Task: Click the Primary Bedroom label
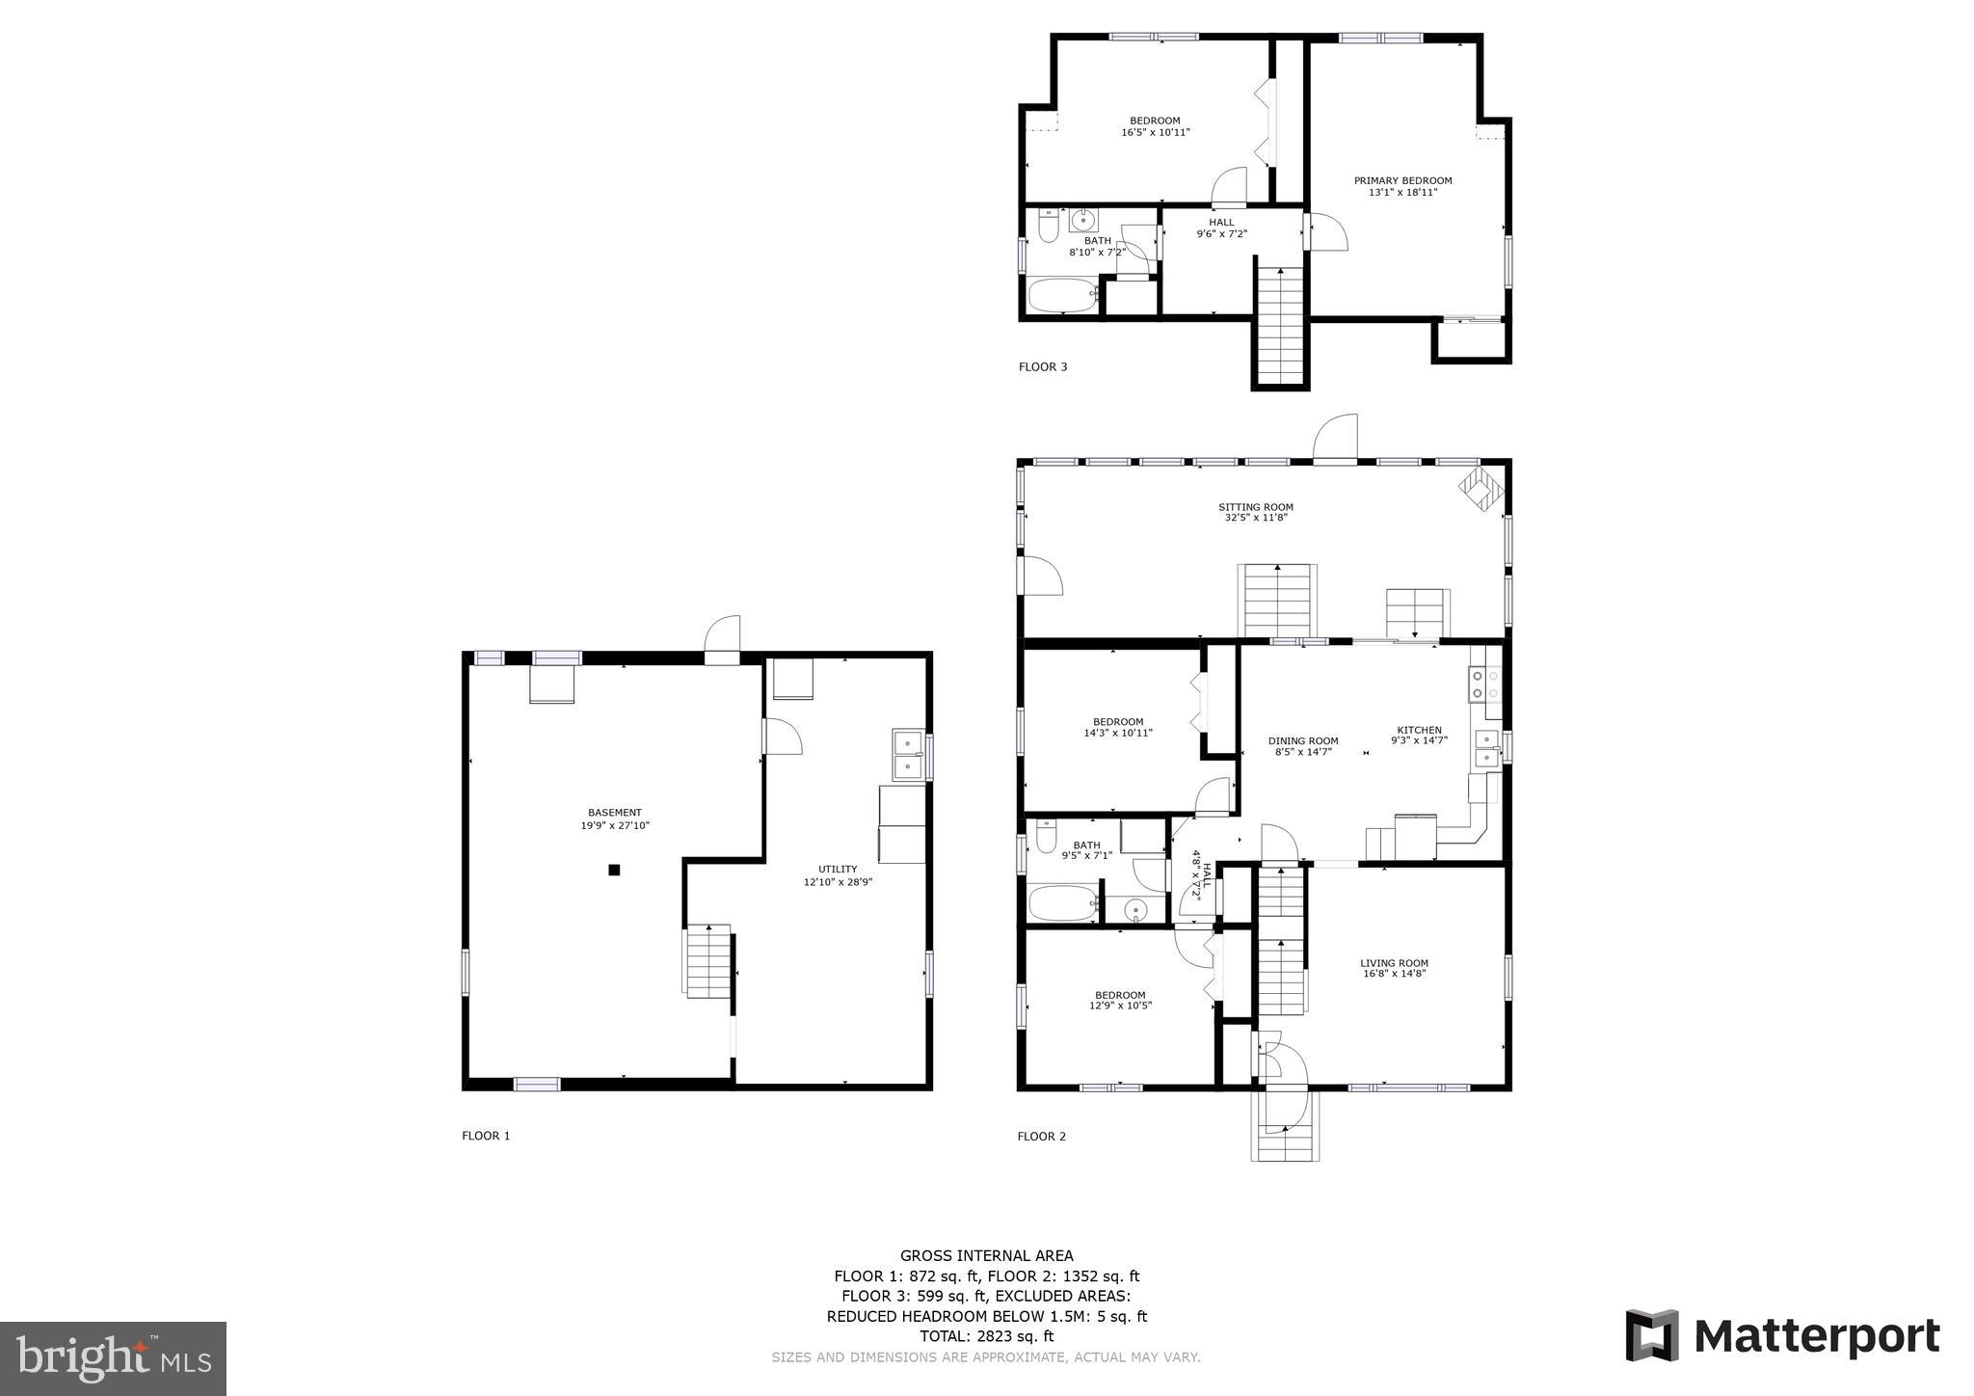pyautogui.click(x=1402, y=181)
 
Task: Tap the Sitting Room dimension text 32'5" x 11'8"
pyautogui.click(x=1255, y=519)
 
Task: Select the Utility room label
pyautogui.click(x=838, y=870)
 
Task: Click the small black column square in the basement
pyautogui.click(x=614, y=870)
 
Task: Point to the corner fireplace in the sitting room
pyautogui.click(x=1480, y=488)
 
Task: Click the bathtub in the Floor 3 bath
pyautogui.click(x=1061, y=295)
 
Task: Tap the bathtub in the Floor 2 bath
pyautogui.click(x=1062, y=903)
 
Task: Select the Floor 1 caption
pyautogui.click(x=486, y=1136)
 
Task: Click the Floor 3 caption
pyautogui.click(x=1043, y=366)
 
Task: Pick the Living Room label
pyautogui.click(x=1394, y=963)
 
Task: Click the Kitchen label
pyautogui.click(x=1419, y=731)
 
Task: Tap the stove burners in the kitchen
pyautogui.click(x=1484, y=685)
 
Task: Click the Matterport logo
pyautogui.click(x=1782, y=1336)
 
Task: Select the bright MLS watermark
pyautogui.click(x=113, y=1359)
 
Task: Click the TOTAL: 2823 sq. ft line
pyautogui.click(x=986, y=1336)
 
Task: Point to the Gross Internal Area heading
pyautogui.click(x=986, y=1255)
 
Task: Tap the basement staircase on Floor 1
pyautogui.click(x=708, y=962)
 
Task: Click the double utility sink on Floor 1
pyautogui.click(x=908, y=755)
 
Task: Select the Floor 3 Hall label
pyautogui.click(x=1221, y=223)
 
